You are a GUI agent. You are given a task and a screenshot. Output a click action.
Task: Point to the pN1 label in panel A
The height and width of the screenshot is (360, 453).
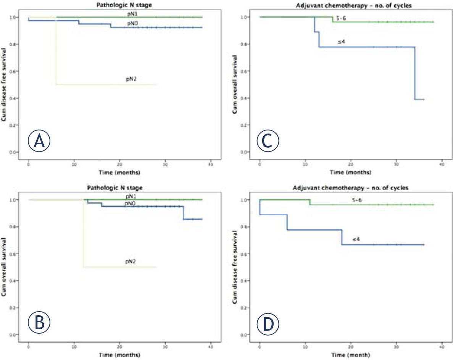click(x=131, y=14)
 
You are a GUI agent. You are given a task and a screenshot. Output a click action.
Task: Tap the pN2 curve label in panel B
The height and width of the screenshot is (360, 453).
click(x=131, y=262)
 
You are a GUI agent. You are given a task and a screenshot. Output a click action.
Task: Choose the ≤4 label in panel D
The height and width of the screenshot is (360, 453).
click(x=356, y=239)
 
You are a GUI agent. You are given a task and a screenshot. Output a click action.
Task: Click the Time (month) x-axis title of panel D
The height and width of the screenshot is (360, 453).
click(x=350, y=355)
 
